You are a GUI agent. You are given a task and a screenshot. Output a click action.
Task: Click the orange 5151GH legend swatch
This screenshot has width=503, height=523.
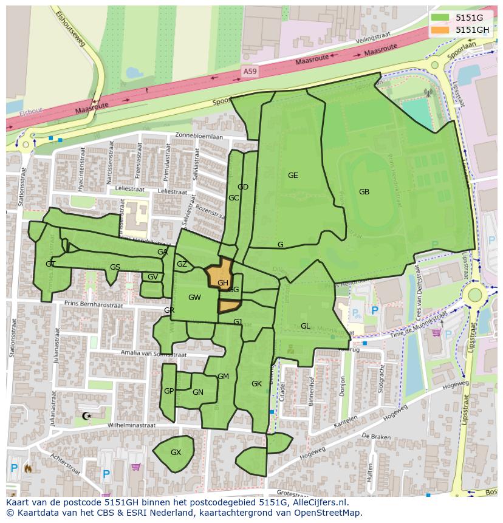(441, 29)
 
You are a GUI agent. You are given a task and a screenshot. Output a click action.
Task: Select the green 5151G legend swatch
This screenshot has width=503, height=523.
(441, 18)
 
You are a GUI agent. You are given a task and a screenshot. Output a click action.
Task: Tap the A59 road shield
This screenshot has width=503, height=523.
(250, 71)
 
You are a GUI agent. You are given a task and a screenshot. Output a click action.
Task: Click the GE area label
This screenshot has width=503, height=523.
(293, 176)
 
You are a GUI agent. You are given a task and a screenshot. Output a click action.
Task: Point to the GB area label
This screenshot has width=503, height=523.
(364, 192)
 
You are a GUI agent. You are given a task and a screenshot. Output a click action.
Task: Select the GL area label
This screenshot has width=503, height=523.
(305, 326)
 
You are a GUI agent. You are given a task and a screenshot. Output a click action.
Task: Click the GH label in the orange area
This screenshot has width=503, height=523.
(222, 283)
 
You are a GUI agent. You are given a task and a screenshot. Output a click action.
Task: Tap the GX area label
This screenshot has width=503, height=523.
(176, 453)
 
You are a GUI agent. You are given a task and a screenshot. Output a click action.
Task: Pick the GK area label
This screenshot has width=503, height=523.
(256, 384)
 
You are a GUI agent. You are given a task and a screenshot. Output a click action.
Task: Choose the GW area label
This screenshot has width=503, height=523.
(194, 298)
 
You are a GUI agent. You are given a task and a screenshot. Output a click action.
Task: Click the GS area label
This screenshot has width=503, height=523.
(115, 267)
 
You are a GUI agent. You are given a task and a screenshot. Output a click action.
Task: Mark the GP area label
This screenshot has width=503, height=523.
(169, 391)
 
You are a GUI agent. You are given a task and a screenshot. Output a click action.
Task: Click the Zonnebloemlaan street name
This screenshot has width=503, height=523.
(199, 136)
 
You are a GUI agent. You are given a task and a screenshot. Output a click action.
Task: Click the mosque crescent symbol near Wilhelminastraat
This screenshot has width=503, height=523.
(86, 416)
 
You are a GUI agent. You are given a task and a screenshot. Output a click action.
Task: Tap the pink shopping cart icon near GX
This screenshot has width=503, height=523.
(135, 467)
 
